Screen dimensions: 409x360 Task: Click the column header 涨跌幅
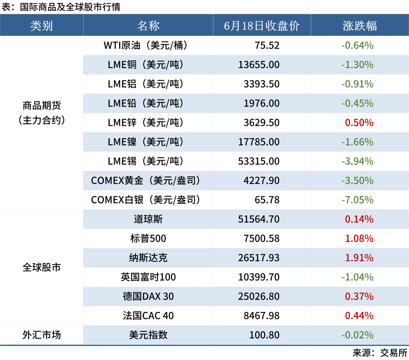point(360,26)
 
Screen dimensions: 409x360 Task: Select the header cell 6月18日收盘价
point(262,26)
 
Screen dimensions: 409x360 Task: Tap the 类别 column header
point(42,26)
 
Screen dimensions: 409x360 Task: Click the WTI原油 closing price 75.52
point(267,46)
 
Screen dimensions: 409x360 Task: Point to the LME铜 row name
point(146,65)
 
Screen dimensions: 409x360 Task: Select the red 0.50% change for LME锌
point(359,123)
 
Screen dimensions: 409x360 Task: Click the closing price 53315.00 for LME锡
point(259,161)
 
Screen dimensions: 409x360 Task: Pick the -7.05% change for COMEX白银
point(358,200)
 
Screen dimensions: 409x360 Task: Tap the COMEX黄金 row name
point(146,180)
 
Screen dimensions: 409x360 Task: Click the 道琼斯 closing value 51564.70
point(259,219)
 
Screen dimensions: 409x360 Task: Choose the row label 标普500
point(148,239)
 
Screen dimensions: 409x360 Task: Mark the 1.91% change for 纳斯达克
point(359,258)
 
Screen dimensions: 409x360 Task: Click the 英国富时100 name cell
point(148,277)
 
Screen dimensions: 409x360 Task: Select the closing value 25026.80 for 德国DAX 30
point(259,296)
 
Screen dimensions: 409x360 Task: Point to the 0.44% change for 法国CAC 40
point(359,316)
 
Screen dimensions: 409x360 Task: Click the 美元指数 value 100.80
point(265,335)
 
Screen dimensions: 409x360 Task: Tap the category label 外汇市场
point(42,335)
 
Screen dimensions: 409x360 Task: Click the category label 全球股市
point(42,268)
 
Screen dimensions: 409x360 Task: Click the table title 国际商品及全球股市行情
point(70,7)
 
